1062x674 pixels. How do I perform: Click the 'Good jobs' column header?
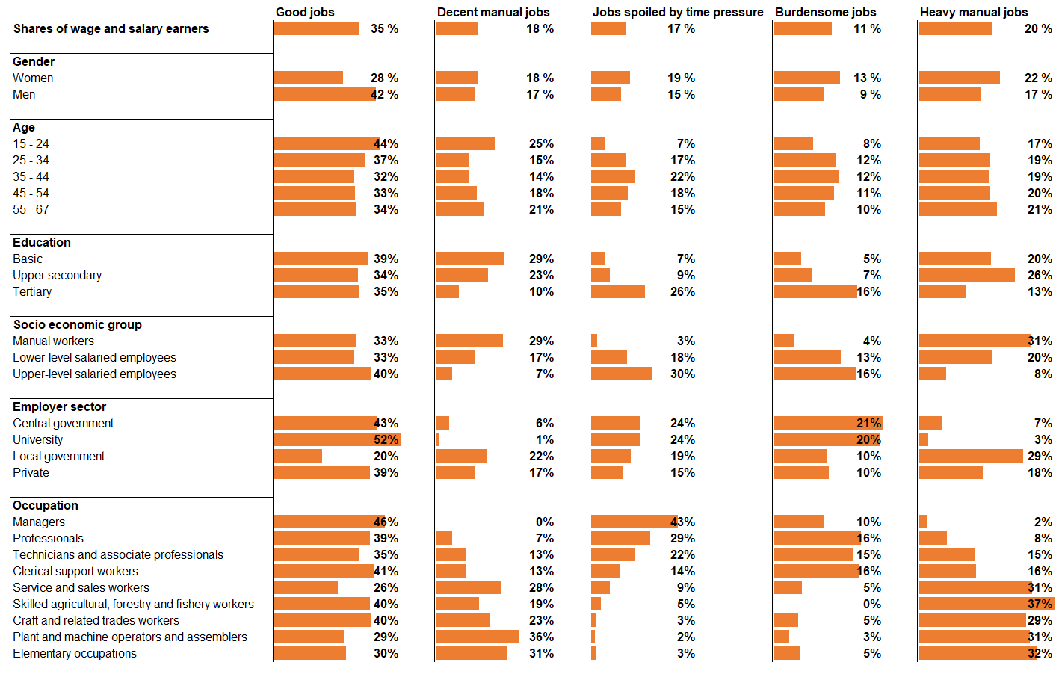tap(305, 12)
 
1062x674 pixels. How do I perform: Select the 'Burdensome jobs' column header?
tap(825, 12)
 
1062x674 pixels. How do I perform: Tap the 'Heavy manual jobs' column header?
tap(973, 12)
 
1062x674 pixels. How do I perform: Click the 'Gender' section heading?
tap(34, 61)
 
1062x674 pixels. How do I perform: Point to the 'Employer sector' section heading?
tap(59, 406)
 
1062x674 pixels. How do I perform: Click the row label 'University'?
tap(37, 439)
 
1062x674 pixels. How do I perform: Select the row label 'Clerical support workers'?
tap(75, 571)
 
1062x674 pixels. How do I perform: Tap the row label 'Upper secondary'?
tap(57, 275)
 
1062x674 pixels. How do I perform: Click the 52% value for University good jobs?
tap(386, 439)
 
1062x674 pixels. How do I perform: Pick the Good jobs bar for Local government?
tap(298, 456)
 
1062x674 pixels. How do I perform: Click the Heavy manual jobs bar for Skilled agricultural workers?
tap(986, 604)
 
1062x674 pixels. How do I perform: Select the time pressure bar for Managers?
tap(634, 522)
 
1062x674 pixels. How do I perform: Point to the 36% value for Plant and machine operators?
tap(541, 637)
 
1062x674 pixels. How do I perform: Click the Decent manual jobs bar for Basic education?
tap(469, 259)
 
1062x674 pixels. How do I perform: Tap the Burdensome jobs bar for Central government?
tap(828, 423)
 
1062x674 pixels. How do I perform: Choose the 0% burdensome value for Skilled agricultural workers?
tap(871, 604)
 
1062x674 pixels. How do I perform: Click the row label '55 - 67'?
tap(31, 209)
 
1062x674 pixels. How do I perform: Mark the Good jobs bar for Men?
tap(324, 94)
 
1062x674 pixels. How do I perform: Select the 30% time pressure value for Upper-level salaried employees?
tap(682, 374)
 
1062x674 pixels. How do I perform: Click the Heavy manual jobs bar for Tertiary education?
tap(942, 291)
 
